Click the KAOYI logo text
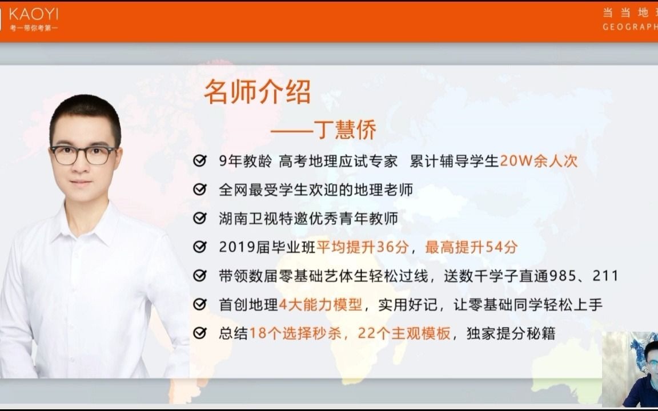(x=34, y=14)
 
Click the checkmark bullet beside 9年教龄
(x=200, y=160)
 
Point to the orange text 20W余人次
(x=539, y=160)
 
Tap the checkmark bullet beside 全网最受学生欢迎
(x=200, y=190)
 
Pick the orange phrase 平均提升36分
(x=363, y=247)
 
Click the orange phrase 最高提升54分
(x=471, y=247)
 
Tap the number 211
(x=605, y=276)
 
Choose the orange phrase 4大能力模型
(x=320, y=304)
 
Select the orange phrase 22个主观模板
(x=404, y=333)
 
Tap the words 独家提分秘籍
(x=511, y=333)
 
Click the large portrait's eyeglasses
(x=83, y=155)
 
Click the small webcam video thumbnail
(x=630, y=369)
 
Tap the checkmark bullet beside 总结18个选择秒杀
(x=200, y=333)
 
